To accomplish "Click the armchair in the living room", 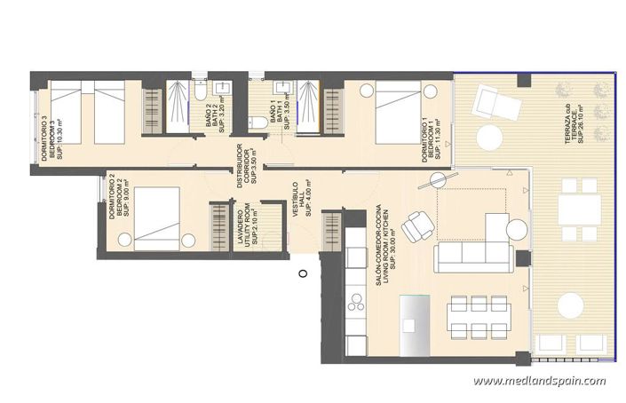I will click(x=416, y=228).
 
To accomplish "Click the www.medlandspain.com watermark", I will click(x=539, y=382).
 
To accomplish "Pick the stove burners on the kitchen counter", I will click(x=358, y=306).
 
